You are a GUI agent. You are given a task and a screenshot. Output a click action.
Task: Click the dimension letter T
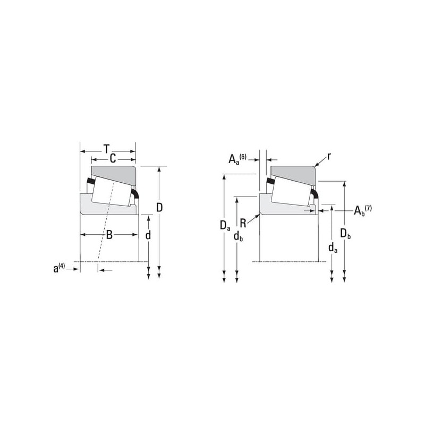107,149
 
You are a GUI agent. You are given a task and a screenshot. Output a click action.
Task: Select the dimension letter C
113,158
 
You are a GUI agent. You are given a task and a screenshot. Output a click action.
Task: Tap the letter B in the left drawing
109,235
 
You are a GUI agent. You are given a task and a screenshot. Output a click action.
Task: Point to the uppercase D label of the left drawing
160,208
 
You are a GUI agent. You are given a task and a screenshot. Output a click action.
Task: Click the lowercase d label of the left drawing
148,235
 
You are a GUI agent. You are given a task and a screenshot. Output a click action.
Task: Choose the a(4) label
59,268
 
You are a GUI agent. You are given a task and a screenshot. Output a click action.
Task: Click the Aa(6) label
237,158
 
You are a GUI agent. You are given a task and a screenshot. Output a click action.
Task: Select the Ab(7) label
363,210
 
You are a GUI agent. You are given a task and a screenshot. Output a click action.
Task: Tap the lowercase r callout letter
329,156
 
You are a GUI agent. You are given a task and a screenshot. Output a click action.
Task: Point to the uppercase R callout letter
243,223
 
